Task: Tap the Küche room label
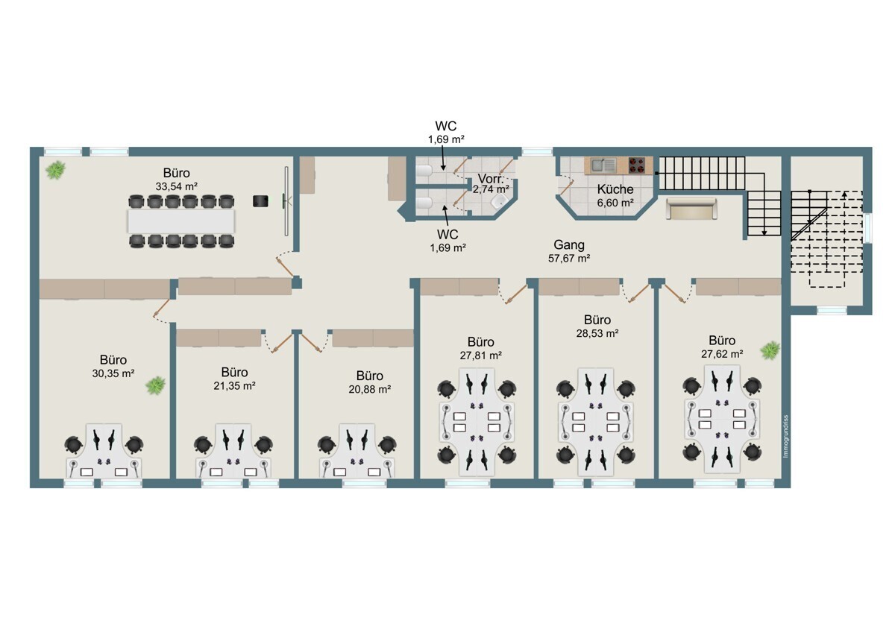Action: [x=615, y=189]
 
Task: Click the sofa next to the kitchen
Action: [x=690, y=209]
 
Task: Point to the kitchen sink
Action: [x=603, y=165]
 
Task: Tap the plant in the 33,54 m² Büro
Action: [x=55, y=171]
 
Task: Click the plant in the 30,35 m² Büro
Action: [x=155, y=385]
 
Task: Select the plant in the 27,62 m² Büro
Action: [x=770, y=348]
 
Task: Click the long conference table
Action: [x=181, y=221]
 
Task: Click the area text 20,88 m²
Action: [x=369, y=389]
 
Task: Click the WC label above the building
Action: [x=446, y=126]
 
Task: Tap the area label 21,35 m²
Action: [x=234, y=385]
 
